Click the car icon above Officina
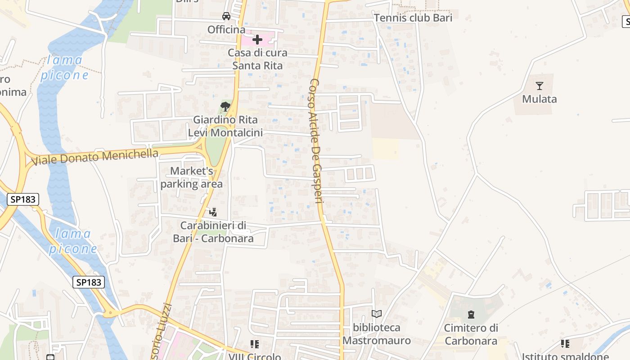click(x=226, y=17)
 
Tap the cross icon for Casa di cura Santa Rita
click(x=257, y=40)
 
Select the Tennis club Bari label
click(x=413, y=18)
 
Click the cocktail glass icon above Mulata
click(x=540, y=86)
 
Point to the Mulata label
click(x=540, y=99)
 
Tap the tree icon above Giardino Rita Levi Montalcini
click(x=225, y=107)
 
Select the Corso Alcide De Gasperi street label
click(x=317, y=141)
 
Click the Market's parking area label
click(x=191, y=178)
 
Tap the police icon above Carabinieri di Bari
click(x=213, y=211)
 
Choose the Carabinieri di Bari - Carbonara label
click(x=213, y=232)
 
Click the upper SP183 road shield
click(x=23, y=199)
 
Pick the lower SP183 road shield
click(x=89, y=282)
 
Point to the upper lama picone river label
click(x=65, y=67)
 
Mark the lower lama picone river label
click(x=73, y=241)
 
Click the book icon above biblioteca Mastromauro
click(x=377, y=314)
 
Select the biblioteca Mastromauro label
click(x=377, y=334)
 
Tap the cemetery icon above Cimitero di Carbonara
click(x=471, y=314)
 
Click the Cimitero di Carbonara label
click(x=471, y=334)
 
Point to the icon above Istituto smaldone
click(x=565, y=344)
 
